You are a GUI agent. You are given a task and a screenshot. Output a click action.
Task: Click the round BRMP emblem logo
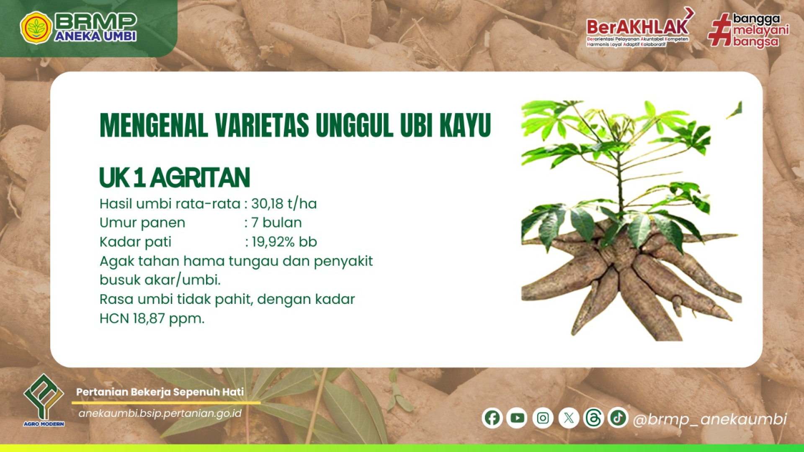coord(36,28)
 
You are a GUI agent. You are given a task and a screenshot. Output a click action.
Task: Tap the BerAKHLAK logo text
coord(637,27)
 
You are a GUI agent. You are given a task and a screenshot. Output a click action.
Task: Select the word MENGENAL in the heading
coord(154,125)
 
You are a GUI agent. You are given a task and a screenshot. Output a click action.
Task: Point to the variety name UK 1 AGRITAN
coord(175,177)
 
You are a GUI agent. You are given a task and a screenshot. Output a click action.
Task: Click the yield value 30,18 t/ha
coord(284,204)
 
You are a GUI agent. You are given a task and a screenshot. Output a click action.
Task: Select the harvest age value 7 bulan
coord(276,223)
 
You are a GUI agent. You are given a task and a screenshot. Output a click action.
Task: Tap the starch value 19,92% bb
coord(284,242)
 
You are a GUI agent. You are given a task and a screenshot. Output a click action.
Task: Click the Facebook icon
coord(492,418)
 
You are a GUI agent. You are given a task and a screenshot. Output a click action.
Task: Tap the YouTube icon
coord(517,418)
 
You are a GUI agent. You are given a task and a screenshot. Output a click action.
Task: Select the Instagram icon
coord(543,418)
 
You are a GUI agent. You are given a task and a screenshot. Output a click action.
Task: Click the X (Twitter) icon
coord(569,418)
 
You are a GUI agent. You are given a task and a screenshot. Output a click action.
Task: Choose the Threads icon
coord(593,418)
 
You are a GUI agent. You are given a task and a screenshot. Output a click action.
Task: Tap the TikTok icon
coord(618,417)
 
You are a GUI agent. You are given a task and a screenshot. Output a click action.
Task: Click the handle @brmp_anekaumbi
coord(710,419)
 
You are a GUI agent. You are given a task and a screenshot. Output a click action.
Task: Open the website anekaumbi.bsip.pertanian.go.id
coord(160,413)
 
